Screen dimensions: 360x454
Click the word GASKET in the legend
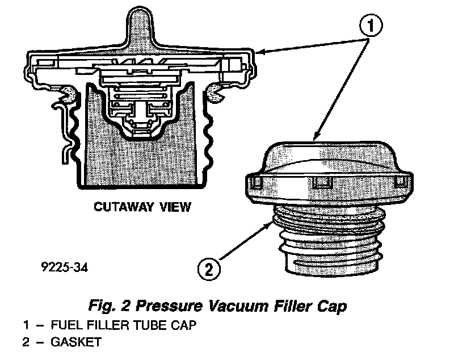[x=77, y=342]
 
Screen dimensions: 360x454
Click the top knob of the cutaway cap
[x=138, y=23]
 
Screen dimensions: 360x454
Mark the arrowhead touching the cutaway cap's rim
[x=260, y=52]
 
